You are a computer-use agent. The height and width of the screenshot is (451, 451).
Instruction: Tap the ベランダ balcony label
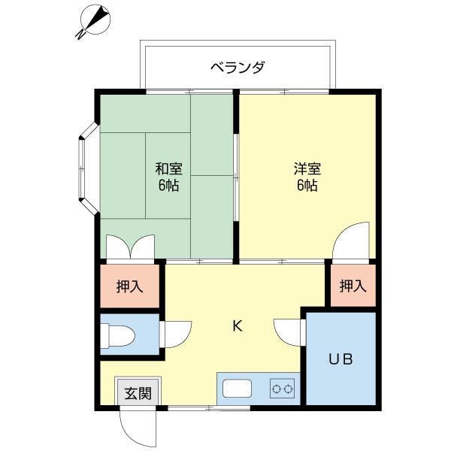pos(238,68)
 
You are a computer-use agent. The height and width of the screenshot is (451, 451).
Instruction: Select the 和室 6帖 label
pos(169,177)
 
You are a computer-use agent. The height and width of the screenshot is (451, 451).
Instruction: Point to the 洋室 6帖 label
pos(306,177)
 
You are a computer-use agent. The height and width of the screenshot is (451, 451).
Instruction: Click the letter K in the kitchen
pos(237,325)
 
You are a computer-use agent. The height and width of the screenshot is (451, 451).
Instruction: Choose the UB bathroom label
pos(341,359)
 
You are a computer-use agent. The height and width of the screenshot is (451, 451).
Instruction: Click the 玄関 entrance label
pos(138,392)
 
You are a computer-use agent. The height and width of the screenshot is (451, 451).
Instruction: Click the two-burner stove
pos(283,389)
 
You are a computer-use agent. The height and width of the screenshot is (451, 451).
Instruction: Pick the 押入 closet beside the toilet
pos(129,286)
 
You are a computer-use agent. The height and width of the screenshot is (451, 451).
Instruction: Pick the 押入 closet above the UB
pos(352,286)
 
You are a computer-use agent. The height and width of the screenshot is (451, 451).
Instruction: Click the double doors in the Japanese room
pos(131,247)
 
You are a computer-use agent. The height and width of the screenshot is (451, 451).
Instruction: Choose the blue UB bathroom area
pos(341,376)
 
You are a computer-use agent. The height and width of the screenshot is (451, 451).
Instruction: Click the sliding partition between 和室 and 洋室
pos(236,177)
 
